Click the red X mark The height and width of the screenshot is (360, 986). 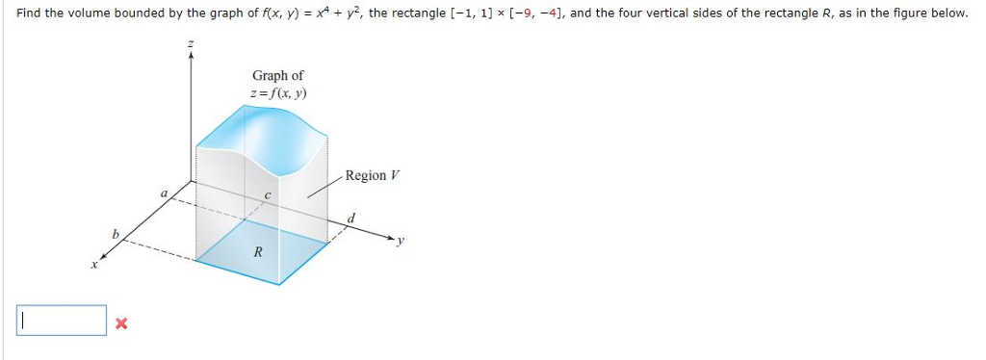pyautogui.click(x=120, y=323)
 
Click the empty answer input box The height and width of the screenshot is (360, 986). pyautogui.click(x=61, y=321)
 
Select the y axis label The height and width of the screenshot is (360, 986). pyautogui.click(x=401, y=242)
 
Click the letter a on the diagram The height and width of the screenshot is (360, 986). pyautogui.click(x=164, y=194)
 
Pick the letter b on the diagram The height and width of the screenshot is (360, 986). pyautogui.click(x=116, y=234)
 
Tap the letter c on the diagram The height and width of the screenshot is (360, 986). pyautogui.click(x=268, y=195)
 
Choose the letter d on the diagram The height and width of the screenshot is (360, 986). pyautogui.click(x=351, y=219)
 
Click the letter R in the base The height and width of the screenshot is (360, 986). pyautogui.click(x=257, y=252)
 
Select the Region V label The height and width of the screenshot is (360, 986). pyautogui.click(x=371, y=175)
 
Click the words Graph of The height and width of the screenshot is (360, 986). pyautogui.click(x=278, y=75)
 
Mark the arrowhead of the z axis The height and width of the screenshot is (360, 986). pyautogui.click(x=191, y=55)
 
